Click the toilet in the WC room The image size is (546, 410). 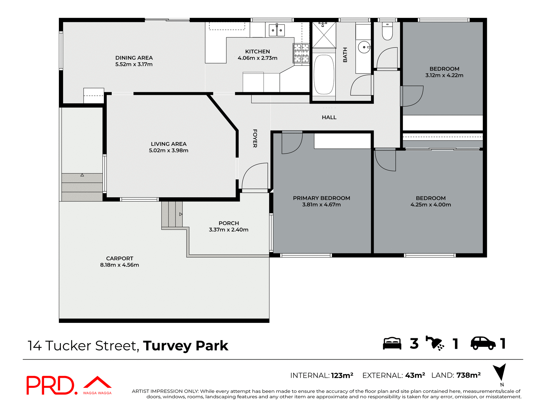click(387, 32)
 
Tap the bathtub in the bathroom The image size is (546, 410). click(324, 75)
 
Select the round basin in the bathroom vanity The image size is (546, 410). click(364, 47)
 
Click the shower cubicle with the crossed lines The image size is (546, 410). click(324, 35)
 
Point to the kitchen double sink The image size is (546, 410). click(277, 30)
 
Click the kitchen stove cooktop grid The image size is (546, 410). click(301, 53)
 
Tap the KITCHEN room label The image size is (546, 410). click(257, 52)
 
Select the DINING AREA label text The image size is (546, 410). click(134, 58)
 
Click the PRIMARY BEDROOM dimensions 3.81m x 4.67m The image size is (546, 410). click(321, 205)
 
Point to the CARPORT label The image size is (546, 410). click(119, 259)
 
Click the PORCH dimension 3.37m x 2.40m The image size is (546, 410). click(229, 230)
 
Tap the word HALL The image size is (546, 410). click(329, 117)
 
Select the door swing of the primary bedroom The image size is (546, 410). click(292, 143)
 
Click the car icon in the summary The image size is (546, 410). click(483, 343)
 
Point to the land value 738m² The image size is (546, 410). click(468, 375)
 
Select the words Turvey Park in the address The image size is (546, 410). click(185, 346)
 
